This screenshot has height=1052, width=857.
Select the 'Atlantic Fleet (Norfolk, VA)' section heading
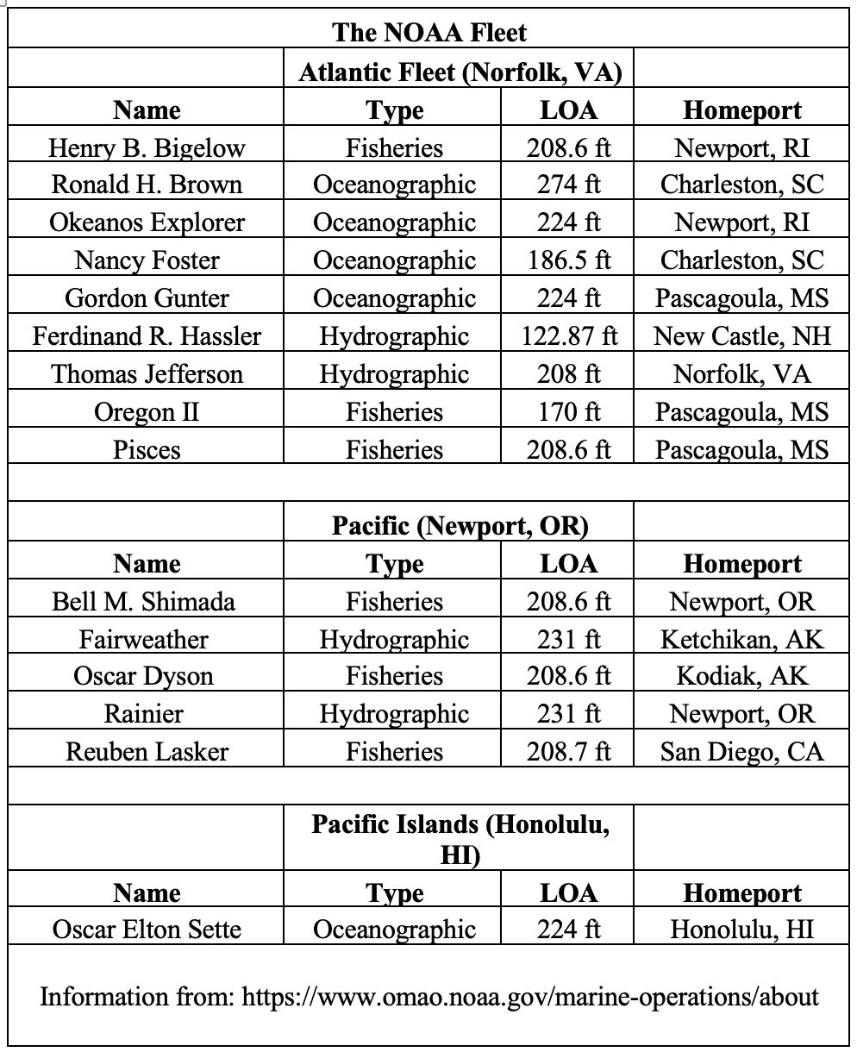click(x=460, y=72)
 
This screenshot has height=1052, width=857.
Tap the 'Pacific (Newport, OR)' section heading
click(x=460, y=525)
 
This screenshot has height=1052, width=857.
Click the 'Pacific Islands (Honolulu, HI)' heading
click(x=460, y=839)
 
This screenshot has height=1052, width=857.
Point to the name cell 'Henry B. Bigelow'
click(x=147, y=148)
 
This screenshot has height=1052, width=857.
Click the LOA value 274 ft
click(x=568, y=185)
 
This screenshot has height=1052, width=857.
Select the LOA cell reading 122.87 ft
click(x=568, y=336)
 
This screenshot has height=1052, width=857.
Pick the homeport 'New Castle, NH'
click(x=741, y=336)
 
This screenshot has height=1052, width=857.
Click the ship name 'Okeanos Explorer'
click(x=147, y=222)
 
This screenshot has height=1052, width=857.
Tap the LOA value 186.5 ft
click(x=568, y=260)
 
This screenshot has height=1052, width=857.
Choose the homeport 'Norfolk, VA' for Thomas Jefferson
click(x=741, y=374)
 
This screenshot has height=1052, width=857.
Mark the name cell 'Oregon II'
click(x=147, y=412)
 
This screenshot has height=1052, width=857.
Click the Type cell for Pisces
click(x=394, y=450)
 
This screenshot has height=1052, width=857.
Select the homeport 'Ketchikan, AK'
click(x=741, y=639)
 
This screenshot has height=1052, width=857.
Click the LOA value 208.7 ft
click(x=568, y=752)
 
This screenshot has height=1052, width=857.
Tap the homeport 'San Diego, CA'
click(x=741, y=752)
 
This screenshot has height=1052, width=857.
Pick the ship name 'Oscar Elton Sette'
click(x=147, y=930)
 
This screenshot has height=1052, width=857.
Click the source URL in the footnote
click(x=530, y=998)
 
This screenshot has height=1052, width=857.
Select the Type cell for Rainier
click(x=394, y=714)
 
